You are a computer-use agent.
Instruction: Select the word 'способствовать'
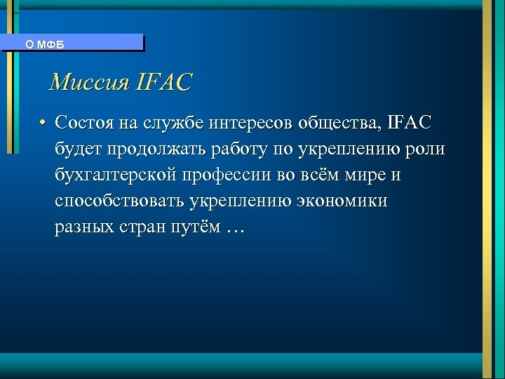click(x=119, y=201)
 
